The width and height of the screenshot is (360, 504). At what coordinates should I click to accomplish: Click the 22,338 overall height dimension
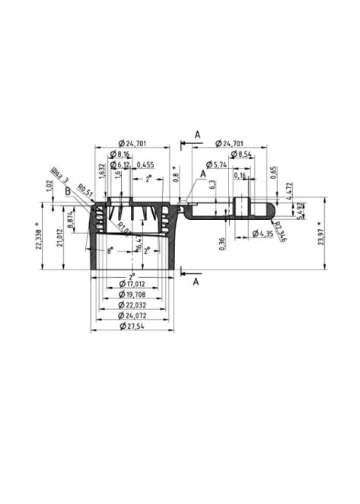(x=39, y=236)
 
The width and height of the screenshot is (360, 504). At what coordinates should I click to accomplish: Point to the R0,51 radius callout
(x=84, y=192)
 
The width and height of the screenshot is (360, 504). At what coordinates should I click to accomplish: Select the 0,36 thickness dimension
(x=221, y=244)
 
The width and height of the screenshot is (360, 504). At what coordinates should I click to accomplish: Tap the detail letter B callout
(x=68, y=191)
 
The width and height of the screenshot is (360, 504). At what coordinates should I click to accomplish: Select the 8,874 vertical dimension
(x=71, y=220)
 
